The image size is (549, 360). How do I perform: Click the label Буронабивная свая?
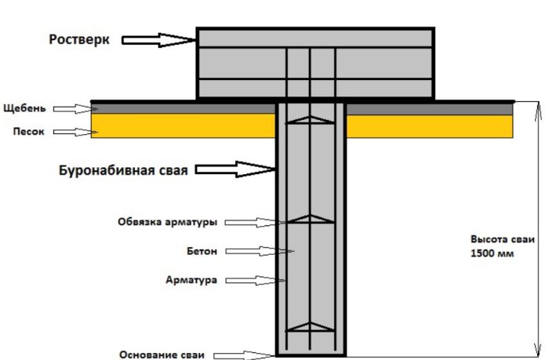(123, 169)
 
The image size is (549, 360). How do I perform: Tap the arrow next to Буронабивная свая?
(235, 169)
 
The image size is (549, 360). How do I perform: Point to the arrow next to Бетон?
(257, 252)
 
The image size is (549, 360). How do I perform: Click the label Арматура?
(191, 279)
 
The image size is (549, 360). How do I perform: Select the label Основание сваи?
(162, 355)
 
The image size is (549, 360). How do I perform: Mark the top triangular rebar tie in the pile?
(311, 119)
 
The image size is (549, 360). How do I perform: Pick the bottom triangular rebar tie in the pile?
(311, 326)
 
